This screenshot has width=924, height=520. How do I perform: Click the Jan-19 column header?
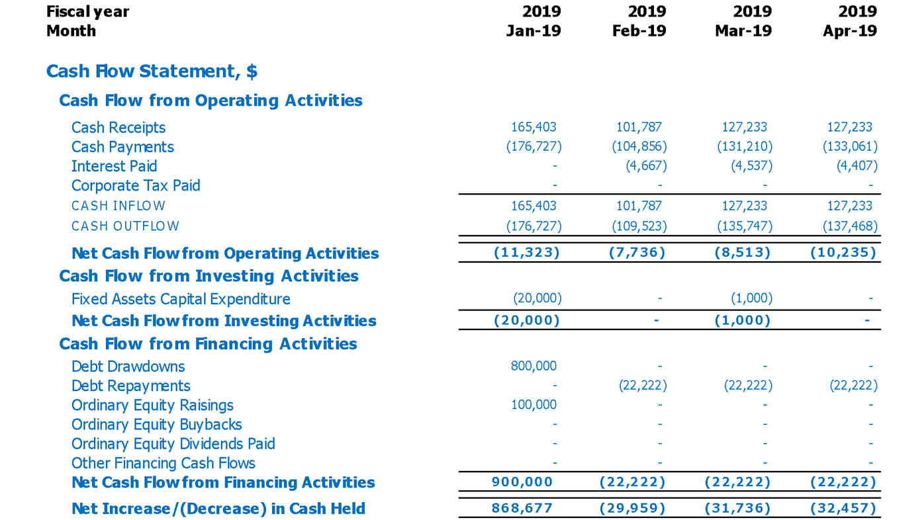point(533,31)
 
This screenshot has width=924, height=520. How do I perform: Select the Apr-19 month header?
point(850,31)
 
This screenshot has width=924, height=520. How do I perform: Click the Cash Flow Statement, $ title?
point(152,71)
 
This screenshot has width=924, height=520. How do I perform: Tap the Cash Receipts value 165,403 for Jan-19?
point(533,127)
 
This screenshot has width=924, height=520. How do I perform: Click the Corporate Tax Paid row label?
point(136,185)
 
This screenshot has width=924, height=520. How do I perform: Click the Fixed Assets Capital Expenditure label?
point(181,299)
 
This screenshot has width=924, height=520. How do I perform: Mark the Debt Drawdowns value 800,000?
point(533,366)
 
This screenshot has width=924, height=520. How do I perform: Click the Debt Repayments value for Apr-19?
point(853,386)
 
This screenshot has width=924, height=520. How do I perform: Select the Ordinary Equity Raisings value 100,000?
point(533,405)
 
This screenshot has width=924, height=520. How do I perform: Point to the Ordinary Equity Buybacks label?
point(156,424)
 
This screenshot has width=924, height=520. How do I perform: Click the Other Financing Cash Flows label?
point(163,463)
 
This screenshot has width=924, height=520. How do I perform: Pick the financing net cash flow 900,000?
point(522,482)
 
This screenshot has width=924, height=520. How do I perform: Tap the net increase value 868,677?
point(522,509)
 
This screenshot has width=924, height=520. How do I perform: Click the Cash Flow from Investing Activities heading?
point(208,276)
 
